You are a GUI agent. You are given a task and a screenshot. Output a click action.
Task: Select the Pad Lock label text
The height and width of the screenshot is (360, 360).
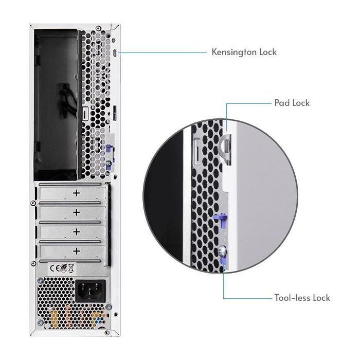[x=292, y=103]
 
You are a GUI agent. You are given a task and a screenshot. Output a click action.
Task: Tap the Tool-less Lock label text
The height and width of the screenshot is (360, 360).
[x=302, y=298]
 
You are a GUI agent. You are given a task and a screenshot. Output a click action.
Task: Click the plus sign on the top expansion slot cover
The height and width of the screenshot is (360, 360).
[x=77, y=193]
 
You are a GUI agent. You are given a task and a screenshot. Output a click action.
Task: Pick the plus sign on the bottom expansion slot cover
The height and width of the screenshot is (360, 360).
[x=77, y=251]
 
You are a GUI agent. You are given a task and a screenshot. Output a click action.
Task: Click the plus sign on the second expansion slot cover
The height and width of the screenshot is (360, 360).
[x=77, y=212]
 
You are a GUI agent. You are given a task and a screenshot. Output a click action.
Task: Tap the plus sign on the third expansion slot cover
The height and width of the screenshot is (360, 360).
[x=77, y=232]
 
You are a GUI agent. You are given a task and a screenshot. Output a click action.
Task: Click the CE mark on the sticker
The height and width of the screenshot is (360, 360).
[x=53, y=267]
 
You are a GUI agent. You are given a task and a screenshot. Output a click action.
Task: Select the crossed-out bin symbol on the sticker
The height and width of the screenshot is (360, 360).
[x=71, y=267]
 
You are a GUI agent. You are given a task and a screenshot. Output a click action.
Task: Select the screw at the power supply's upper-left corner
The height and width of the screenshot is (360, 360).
[x=34, y=263]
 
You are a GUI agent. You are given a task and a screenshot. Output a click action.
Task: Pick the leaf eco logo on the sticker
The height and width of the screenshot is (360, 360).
[x=62, y=267]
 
